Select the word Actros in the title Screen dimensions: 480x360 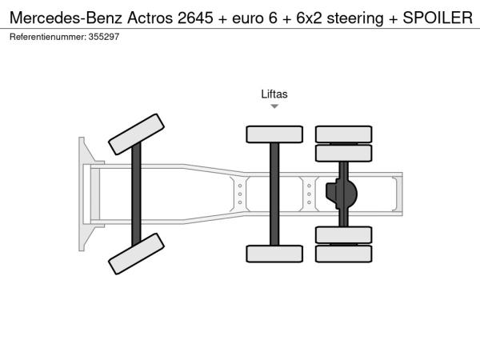tap(150, 18)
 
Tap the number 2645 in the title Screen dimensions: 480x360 tap(195, 18)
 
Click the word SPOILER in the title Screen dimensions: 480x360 tap(438, 18)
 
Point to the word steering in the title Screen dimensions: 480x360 tap(355, 19)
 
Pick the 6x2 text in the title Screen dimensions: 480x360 tap(309, 18)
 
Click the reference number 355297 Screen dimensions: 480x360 tap(104, 37)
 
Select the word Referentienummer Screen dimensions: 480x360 tap(48, 37)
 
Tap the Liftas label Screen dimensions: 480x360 tap(274, 94)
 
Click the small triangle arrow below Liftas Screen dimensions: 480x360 tap(274, 106)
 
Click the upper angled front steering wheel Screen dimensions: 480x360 tap(136, 134)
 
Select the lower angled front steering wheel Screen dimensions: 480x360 tap(136, 254)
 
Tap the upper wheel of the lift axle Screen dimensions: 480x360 tap(274, 134)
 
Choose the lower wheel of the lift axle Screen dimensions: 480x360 tap(274, 254)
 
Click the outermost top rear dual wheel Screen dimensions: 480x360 tap(344, 134)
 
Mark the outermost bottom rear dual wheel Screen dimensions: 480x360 tap(344, 254)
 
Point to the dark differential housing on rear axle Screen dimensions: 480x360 tap(342, 194)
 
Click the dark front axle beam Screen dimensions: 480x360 tap(136, 194)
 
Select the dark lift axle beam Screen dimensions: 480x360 tap(274, 194)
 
